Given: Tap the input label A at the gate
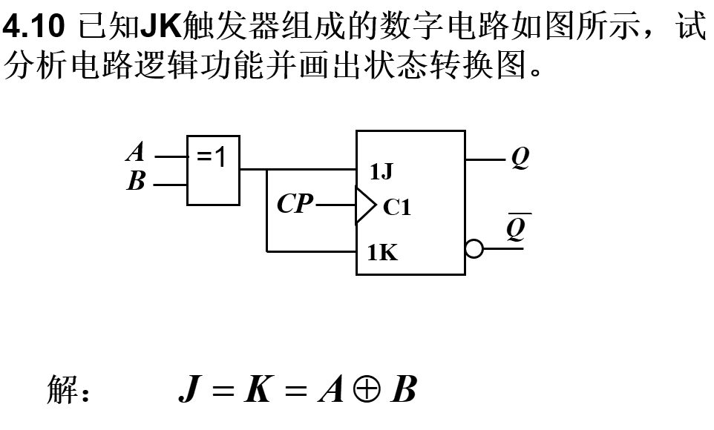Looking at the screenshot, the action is [135, 153].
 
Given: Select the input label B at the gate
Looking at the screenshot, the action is [136, 182].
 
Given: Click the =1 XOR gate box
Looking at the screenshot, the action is [213, 170].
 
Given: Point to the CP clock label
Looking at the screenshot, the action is [295, 204].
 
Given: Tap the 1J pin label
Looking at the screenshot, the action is [381, 173].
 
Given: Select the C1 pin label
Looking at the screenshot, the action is [396, 208].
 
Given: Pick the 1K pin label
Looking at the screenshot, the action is [382, 253].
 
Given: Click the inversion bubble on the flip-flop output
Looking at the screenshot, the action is [474, 249].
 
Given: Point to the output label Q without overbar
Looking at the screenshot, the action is [520, 158].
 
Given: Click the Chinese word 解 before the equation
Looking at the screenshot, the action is [62, 390].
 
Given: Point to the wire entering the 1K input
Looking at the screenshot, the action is [312, 251].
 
